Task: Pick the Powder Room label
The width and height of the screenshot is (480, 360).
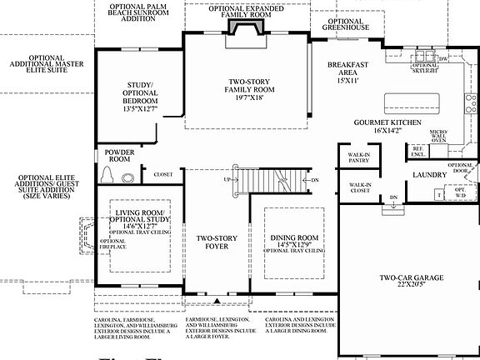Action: coord(119,157)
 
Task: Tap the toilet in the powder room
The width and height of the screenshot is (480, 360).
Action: coord(107,175)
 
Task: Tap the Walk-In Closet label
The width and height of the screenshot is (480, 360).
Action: coord(360,189)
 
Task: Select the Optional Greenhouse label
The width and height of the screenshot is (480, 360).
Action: coord(344,24)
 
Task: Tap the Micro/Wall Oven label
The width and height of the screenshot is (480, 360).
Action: coord(439,136)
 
